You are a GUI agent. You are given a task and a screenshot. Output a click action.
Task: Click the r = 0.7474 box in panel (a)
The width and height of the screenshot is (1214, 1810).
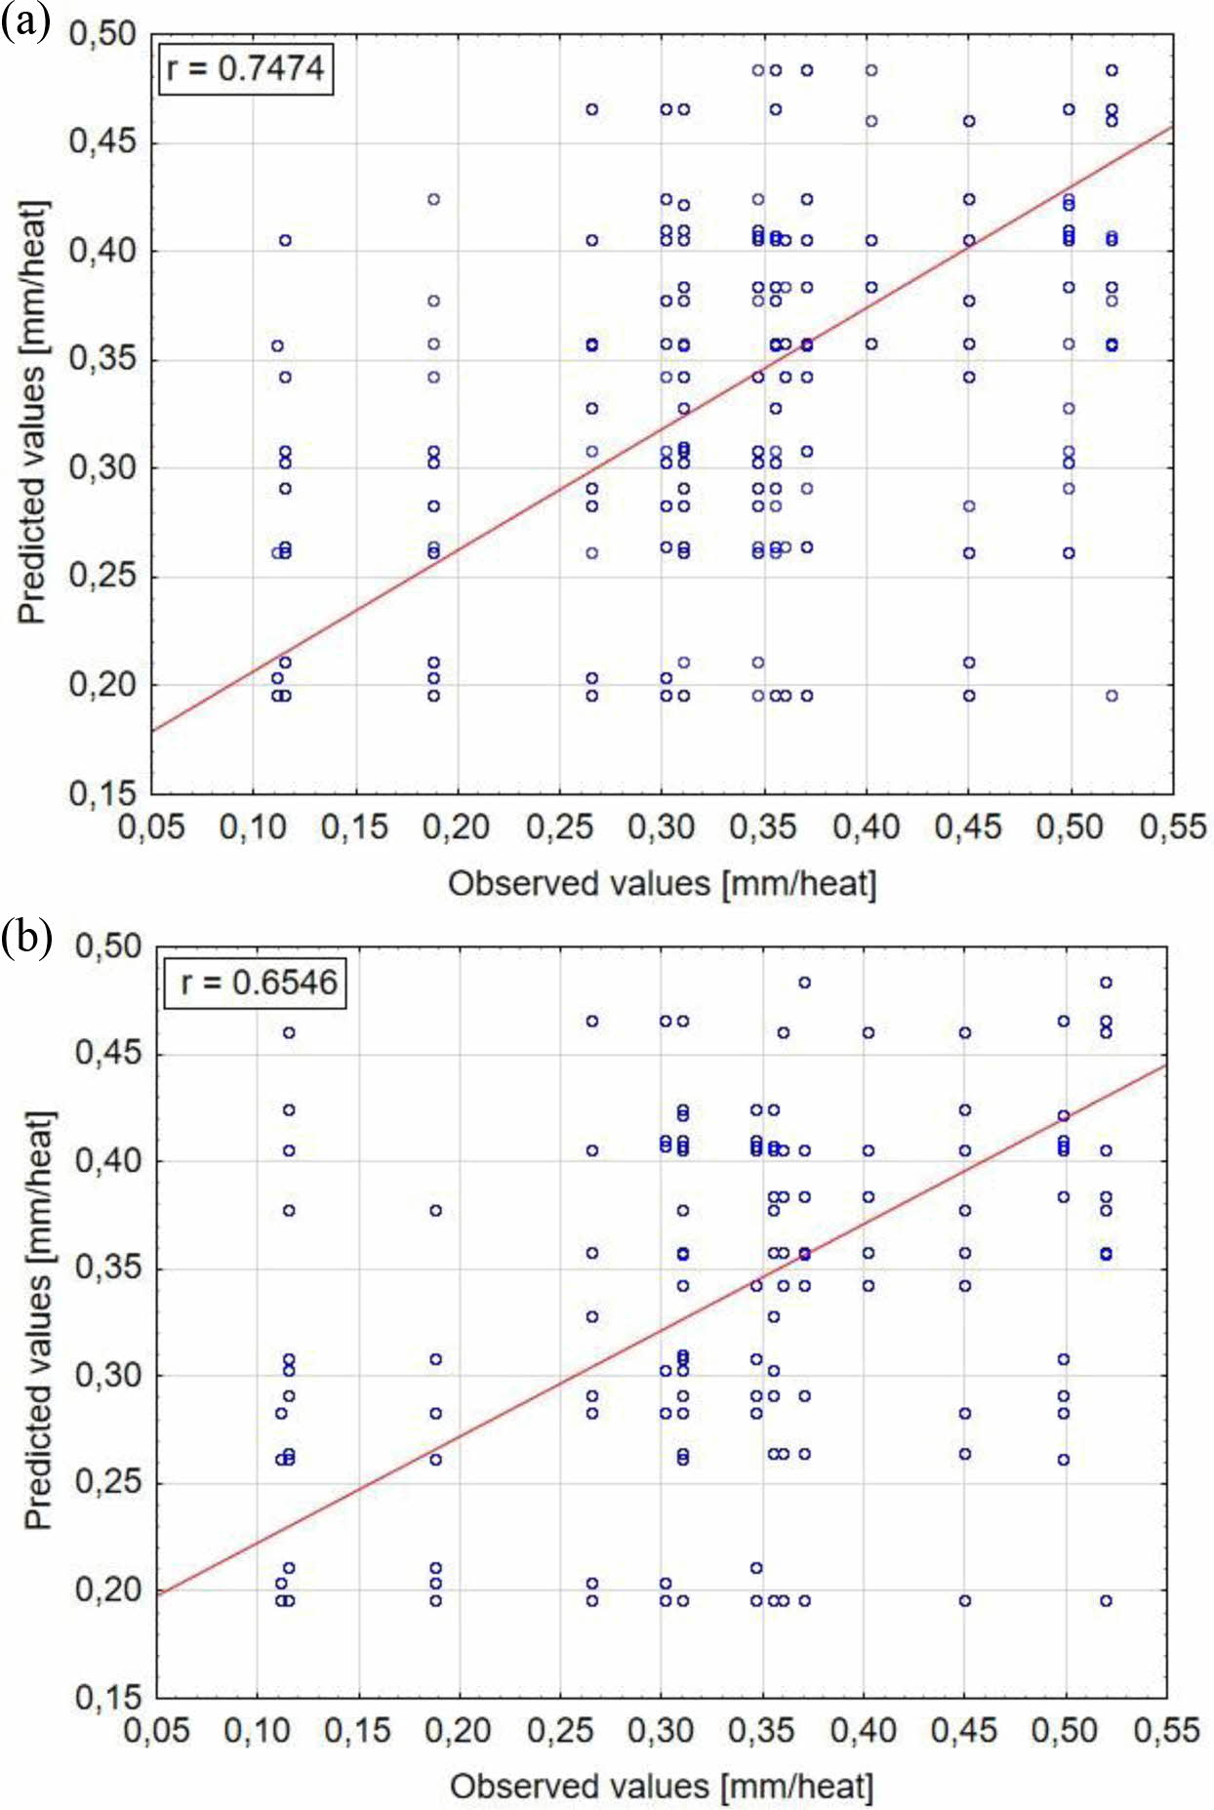246,68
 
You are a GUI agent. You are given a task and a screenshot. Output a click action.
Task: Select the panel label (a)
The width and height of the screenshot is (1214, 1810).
25,20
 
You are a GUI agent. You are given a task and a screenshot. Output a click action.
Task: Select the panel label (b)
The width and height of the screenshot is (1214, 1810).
26,938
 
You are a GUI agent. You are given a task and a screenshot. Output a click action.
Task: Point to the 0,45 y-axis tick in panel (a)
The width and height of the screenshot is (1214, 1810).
102,142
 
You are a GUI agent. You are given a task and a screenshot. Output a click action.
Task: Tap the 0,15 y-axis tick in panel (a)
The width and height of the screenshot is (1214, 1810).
102,793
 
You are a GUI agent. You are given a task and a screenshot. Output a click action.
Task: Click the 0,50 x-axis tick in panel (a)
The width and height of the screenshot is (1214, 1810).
1071,827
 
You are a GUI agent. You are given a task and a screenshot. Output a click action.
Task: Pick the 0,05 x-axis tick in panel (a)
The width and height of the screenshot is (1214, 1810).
151,827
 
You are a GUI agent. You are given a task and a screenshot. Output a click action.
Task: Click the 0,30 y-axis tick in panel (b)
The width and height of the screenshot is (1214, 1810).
107,1375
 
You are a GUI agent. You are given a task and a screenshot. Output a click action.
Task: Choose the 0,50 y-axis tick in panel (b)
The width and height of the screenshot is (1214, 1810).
107,945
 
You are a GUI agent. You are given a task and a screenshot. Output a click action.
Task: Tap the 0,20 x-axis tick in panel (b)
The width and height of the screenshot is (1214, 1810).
459,1730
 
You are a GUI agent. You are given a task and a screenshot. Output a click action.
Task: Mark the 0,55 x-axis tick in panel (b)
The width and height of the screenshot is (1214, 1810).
1167,1730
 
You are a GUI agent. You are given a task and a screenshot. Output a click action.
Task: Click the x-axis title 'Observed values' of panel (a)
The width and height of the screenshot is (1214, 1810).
662,884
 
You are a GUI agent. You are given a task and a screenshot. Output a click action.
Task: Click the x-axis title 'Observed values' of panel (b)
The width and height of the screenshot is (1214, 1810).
662,1787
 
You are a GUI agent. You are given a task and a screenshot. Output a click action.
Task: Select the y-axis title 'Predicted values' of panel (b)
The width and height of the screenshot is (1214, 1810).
38,1322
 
